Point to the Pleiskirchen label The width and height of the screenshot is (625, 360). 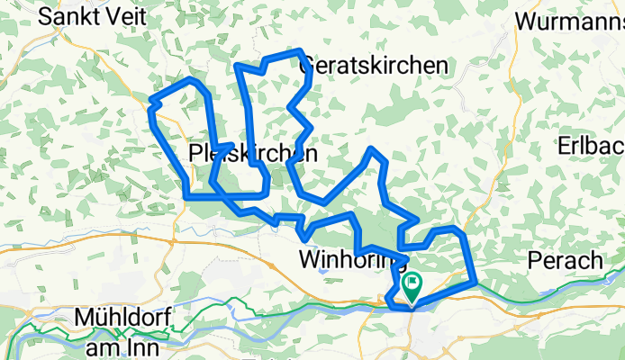click(254, 155)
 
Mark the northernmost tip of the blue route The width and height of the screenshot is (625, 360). click(300, 50)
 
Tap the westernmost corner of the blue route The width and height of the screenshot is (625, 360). click(149, 99)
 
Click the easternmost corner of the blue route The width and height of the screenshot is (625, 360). click(474, 282)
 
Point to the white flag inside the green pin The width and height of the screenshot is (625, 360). click(412, 284)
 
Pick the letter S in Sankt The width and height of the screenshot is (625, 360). click(33, 15)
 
